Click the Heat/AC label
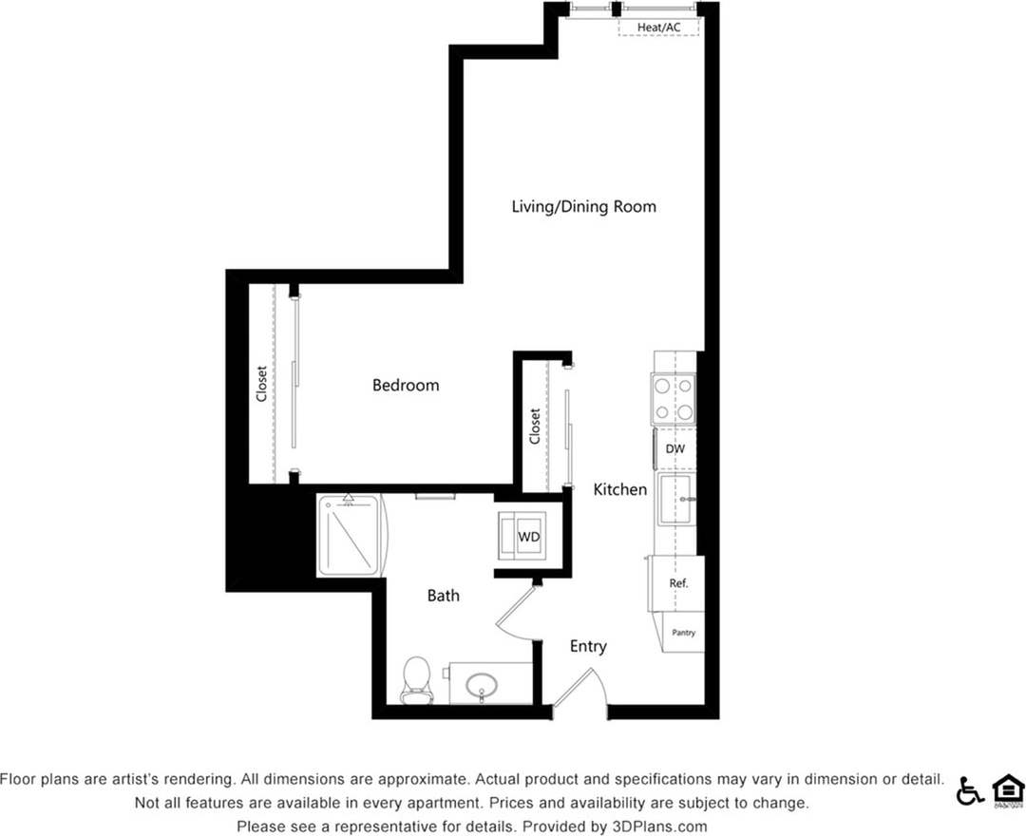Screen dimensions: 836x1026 (x=659, y=28)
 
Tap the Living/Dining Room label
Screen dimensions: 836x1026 (x=583, y=206)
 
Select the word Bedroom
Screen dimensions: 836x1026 (x=406, y=385)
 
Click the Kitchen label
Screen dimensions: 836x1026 (x=620, y=489)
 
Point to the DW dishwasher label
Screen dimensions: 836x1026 (x=674, y=448)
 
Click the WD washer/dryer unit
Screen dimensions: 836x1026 (x=527, y=537)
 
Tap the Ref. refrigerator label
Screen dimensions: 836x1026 (x=678, y=583)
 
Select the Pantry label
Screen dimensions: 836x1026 (x=684, y=632)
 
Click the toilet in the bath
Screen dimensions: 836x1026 (x=416, y=680)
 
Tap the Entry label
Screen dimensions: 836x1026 (x=588, y=646)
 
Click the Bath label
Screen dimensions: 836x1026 (x=443, y=596)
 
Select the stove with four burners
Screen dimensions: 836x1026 (x=672, y=399)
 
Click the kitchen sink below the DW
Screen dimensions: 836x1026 (x=676, y=500)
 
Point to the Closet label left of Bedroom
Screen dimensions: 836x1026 (x=261, y=384)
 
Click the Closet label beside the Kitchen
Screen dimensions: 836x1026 (x=535, y=426)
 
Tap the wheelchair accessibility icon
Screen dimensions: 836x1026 (x=970, y=790)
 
